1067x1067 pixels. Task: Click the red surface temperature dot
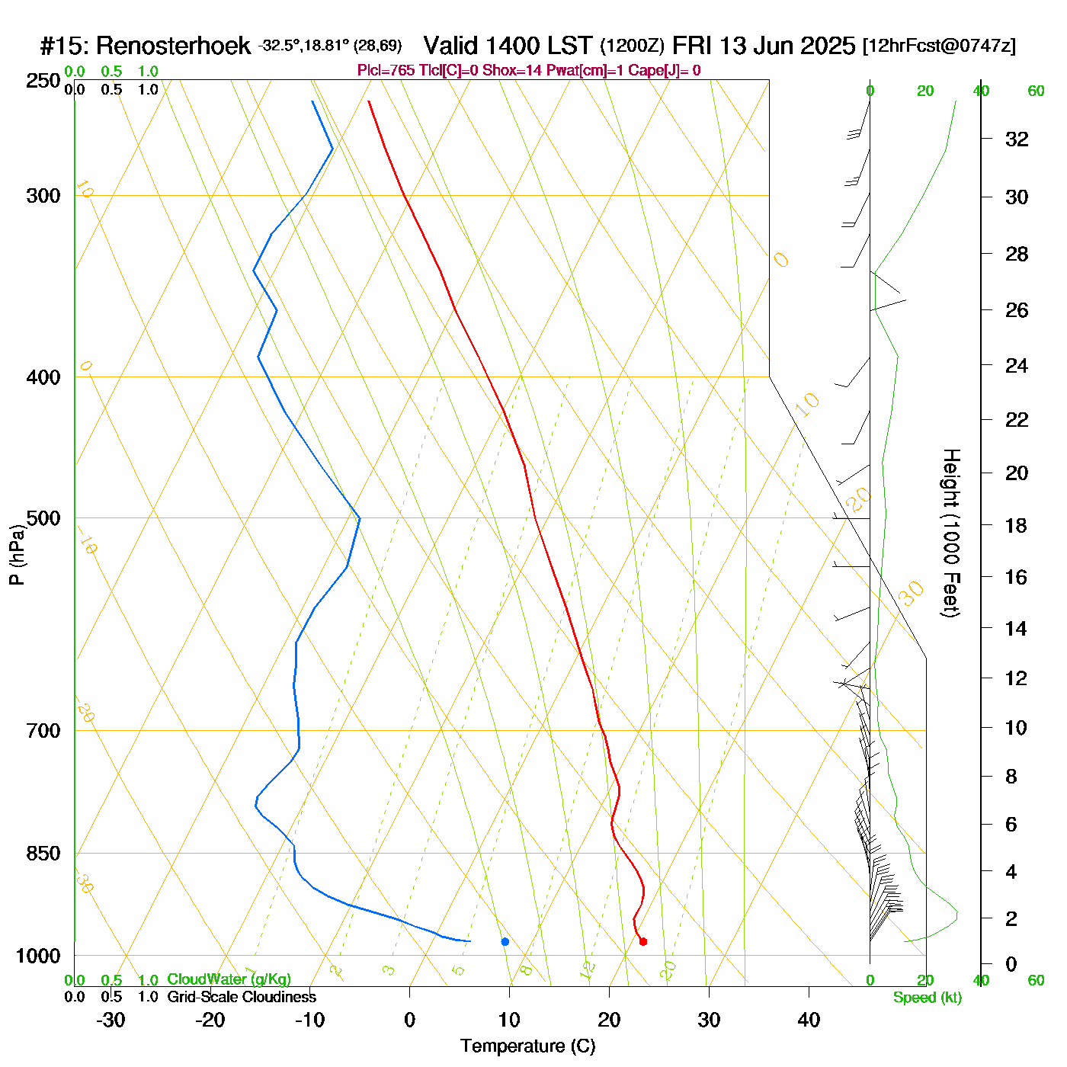643,941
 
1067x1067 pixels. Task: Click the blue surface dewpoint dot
505,941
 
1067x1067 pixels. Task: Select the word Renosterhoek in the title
173,46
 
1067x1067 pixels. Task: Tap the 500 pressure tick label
43,518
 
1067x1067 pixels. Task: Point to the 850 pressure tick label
43,854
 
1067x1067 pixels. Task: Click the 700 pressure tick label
43,730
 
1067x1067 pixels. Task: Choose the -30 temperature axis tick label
111,1020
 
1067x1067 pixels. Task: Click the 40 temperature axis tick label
809,1020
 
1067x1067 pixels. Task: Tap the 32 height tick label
1017,139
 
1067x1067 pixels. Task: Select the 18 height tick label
1017,525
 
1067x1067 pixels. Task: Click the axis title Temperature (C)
527,1046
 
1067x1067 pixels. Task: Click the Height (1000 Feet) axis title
951,533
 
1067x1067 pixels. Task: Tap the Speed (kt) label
928,998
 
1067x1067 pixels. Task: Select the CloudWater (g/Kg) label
229,979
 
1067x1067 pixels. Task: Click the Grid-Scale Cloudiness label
242,997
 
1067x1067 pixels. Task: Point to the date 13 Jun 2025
787,46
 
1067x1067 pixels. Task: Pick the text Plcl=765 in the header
386,71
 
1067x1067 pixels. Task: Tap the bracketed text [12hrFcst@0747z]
939,46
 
